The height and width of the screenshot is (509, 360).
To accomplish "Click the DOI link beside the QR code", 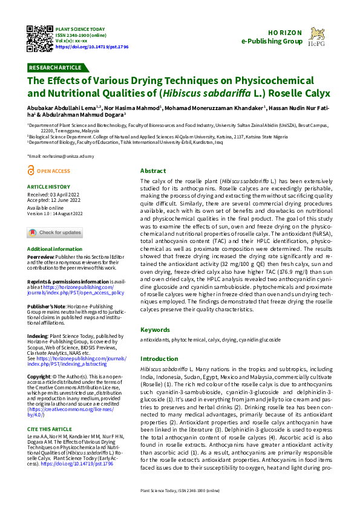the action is (91, 46).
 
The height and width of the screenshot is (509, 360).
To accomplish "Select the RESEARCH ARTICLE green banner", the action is (55, 67).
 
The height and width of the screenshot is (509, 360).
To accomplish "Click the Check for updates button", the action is (54, 233).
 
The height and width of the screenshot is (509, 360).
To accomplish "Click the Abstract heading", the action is (152, 170).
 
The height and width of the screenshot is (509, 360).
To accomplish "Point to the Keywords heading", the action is (155, 329).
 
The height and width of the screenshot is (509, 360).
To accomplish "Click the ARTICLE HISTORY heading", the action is (49, 187).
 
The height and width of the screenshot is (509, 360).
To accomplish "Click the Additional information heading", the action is (55, 249).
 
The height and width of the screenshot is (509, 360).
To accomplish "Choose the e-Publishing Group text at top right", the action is (272, 42).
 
